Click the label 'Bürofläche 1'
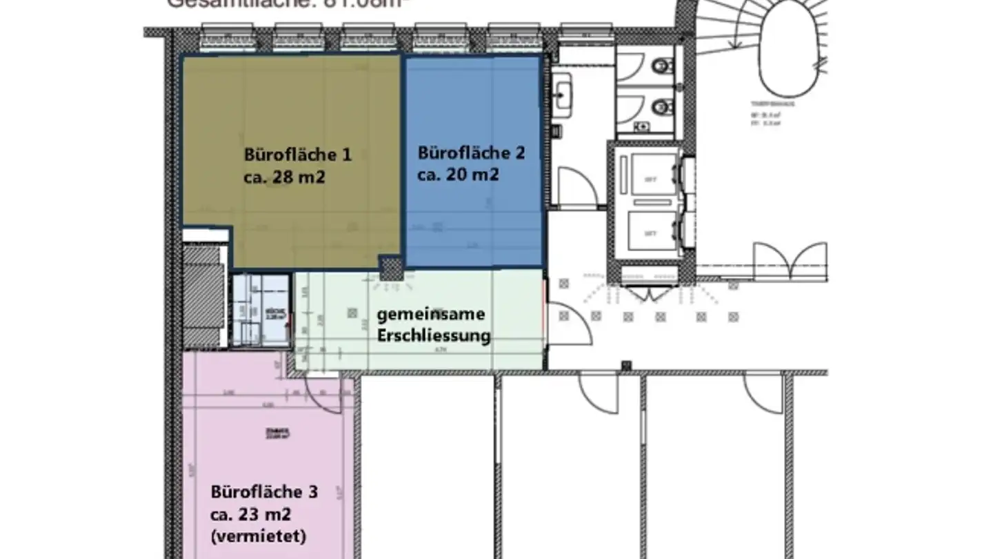point(297,155)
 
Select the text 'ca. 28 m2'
point(284,177)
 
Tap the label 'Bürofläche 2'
point(471,153)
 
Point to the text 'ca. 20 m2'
point(458,175)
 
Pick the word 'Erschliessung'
point(434,336)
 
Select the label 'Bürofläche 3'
point(265,492)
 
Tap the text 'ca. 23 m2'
point(252,514)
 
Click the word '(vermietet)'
point(259,536)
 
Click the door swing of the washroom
point(576,186)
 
